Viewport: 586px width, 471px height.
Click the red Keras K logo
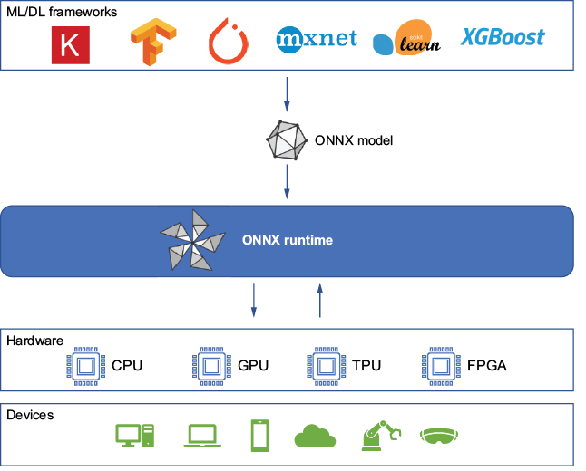click(71, 45)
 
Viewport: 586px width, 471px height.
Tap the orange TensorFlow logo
click(153, 42)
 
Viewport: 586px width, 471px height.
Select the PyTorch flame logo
click(229, 41)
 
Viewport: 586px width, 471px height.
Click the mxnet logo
click(317, 39)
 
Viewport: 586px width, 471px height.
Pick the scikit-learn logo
click(406, 38)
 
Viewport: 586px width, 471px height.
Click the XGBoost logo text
click(503, 37)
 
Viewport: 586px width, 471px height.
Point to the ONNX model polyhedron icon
click(287, 140)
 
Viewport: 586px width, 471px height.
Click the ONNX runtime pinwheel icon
click(193, 240)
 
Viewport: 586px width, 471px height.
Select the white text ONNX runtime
click(288, 240)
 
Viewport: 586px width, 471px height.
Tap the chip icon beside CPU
click(85, 366)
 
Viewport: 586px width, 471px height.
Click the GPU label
click(253, 365)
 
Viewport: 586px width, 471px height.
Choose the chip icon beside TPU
click(326, 366)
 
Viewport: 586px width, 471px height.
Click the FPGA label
click(486, 365)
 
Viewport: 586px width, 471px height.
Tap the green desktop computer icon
click(135, 436)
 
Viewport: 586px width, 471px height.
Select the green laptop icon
click(202, 436)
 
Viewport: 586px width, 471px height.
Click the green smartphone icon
click(259, 436)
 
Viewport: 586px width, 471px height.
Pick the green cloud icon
click(315, 436)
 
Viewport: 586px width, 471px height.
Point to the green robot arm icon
click(380, 436)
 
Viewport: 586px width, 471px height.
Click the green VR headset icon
click(439, 436)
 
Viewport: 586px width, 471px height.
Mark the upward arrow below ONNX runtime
click(320, 301)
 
